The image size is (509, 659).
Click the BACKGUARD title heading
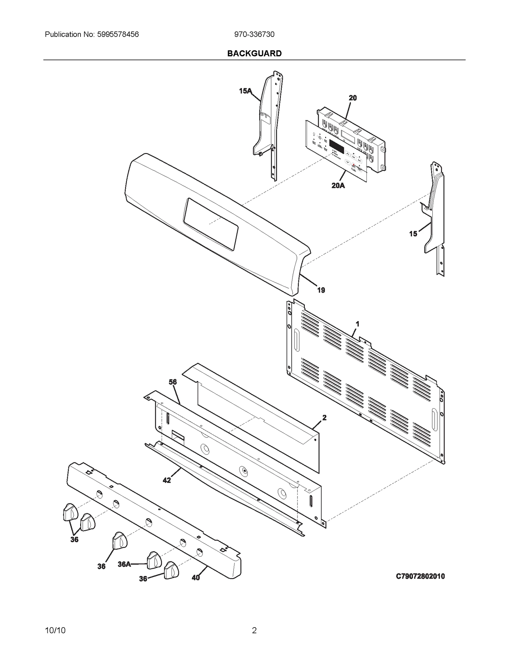254,53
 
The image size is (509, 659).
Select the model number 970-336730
254,34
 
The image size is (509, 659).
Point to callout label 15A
245,91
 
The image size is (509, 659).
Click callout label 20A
338,186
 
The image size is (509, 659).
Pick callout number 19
321,290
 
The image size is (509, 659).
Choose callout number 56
172,382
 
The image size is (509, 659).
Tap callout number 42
167,480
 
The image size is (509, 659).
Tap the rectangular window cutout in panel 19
211,224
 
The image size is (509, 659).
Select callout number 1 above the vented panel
358,324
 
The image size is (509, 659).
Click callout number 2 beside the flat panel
324,418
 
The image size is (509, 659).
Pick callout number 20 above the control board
352,98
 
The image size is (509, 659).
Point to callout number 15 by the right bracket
413,234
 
